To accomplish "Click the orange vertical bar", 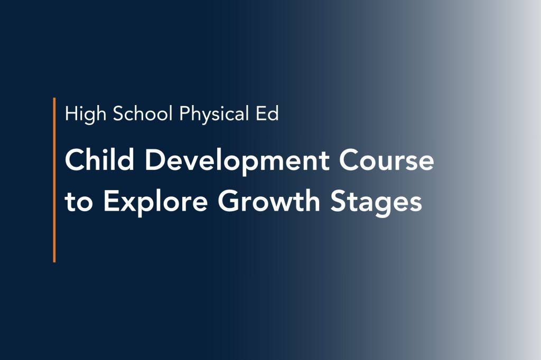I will point(54,179).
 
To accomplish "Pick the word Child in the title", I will point(98,160).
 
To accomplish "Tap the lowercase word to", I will point(79,202).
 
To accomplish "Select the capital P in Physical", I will point(184,113).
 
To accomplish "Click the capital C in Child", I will point(74,160).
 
